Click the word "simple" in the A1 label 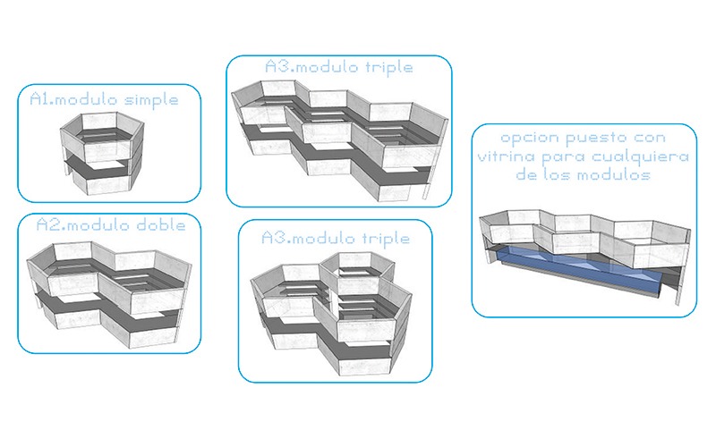coord(151,100)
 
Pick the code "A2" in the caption coord(47,224)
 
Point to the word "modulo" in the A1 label coord(86,99)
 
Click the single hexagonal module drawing coord(102,153)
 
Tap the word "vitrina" coord(507,156)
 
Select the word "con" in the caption coord(650,139)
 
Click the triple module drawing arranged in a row coord(340,140)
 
